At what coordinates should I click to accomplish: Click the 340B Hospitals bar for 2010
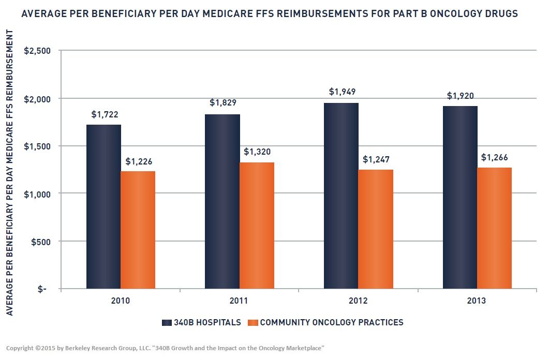(103, 206)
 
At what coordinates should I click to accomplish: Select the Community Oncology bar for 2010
(138, 230)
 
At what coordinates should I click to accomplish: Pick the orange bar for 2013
(494, 228)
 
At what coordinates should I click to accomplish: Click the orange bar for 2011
(257, 226)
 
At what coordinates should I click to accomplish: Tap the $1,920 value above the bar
(460, 96)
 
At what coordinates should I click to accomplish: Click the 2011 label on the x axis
(239, 301)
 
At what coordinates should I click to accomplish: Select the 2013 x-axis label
(477, 301)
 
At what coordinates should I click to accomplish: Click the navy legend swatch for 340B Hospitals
(167, 323)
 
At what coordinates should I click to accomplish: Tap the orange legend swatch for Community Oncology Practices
(253, 323)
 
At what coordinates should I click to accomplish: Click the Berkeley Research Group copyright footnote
(165, 348)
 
